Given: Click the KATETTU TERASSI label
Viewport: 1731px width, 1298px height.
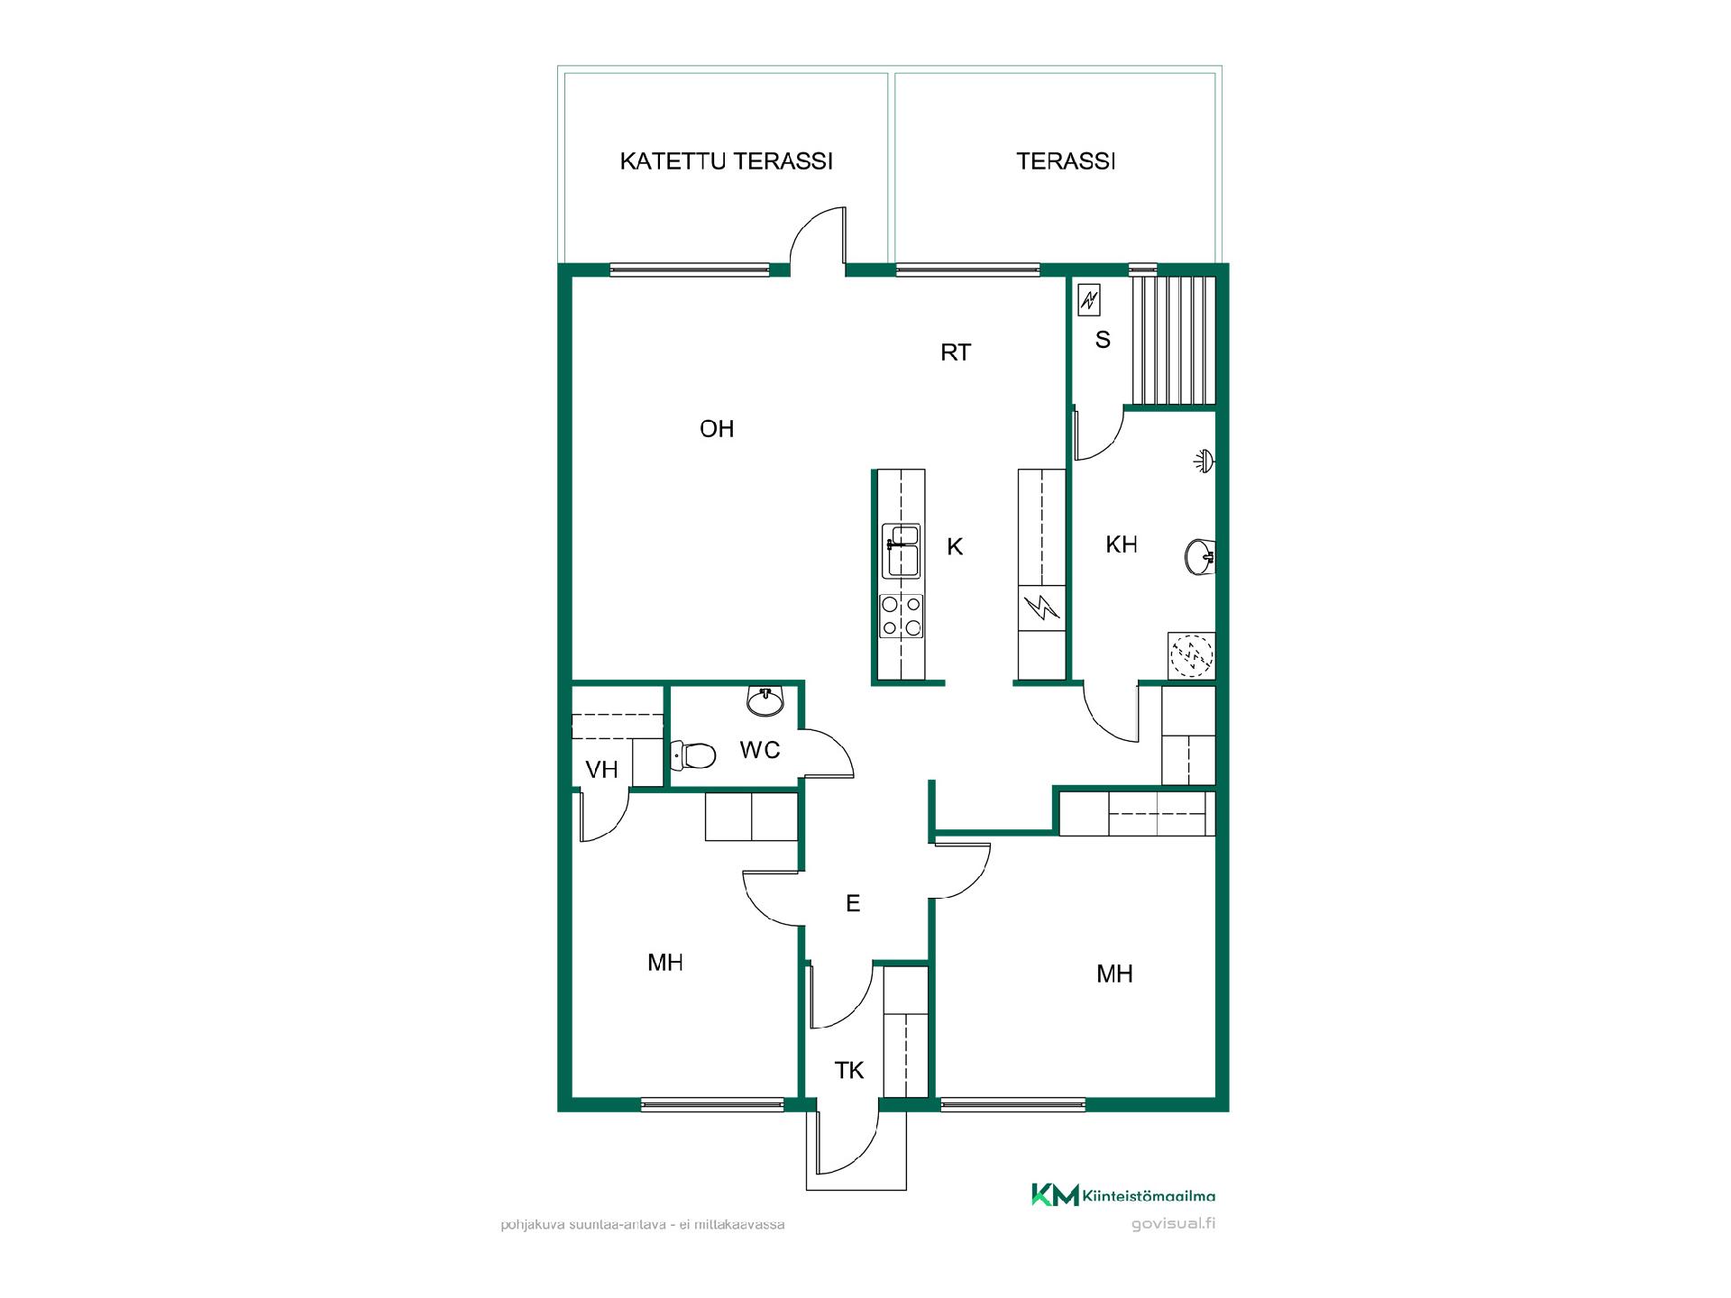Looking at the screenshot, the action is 726,161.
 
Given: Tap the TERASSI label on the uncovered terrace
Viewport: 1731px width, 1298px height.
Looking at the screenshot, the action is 1066,161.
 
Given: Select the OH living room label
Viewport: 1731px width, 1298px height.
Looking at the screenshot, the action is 717,429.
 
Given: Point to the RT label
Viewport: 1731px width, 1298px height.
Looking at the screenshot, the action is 956,352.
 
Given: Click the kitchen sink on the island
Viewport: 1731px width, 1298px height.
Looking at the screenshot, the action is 902,550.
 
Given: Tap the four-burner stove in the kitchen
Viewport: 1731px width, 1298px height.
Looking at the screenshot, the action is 902,617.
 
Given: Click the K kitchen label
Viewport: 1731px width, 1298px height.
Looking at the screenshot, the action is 955,546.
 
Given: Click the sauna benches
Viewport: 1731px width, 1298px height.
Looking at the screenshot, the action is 1174,341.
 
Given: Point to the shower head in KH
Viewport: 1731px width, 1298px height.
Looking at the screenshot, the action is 1204,461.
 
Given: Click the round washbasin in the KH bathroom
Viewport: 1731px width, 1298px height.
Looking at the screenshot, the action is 1200,555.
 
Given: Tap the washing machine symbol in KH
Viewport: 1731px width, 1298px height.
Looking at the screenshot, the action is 1192,655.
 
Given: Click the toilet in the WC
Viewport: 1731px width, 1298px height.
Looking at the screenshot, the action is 693,754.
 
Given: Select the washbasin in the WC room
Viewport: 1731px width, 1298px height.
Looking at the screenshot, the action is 766,701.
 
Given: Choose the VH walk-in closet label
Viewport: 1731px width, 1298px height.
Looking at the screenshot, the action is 601,770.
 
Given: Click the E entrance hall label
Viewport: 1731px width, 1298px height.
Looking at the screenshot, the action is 853,903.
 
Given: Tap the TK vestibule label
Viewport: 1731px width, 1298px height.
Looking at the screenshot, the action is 849,1071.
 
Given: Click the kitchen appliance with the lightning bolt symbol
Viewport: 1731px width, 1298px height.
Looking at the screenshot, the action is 1042,609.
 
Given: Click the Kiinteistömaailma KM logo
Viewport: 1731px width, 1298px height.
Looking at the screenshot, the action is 1123,1195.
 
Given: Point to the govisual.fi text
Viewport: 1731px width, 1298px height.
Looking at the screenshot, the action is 1173,1224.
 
